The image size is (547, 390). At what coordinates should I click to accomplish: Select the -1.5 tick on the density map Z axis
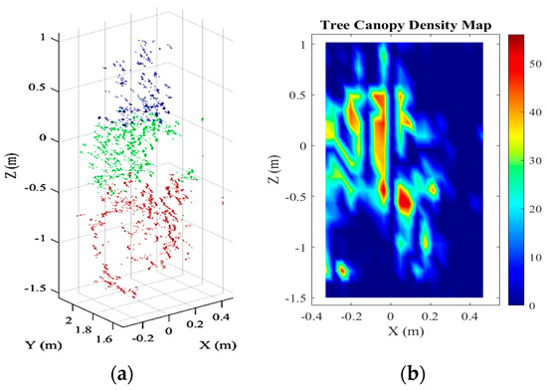click(308, 296)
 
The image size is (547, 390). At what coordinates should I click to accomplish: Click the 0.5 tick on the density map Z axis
click(310, 96)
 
